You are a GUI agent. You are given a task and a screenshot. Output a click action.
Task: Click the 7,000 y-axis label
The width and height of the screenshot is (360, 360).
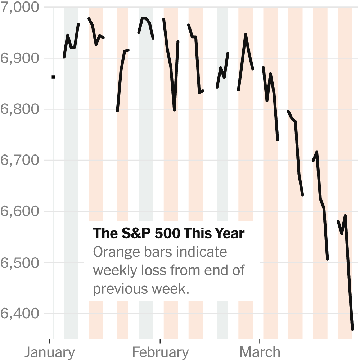[x=20, y=7]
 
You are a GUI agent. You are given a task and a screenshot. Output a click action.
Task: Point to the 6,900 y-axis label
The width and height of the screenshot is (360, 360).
[x=20, y=58]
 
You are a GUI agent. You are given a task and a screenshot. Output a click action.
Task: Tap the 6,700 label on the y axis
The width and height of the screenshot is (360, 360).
[x=20, y=160]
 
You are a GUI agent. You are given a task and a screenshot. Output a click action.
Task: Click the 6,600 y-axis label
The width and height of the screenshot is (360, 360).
[x=20, y=211]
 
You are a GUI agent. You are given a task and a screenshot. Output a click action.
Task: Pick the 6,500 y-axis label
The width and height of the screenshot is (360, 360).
[x=20, y=262]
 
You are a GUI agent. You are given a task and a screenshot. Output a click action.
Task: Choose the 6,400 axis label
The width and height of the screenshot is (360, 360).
[x=20, y=313]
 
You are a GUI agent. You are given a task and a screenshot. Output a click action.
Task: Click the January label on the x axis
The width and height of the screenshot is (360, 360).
[x=50, y=352]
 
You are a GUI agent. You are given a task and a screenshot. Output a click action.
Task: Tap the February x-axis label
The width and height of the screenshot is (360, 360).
[x=161, y=352]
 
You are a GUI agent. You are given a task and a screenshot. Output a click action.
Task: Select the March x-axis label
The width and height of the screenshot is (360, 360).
[x=260, y=352]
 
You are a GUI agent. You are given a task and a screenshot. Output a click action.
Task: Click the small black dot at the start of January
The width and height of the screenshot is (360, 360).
[x=53, y=77]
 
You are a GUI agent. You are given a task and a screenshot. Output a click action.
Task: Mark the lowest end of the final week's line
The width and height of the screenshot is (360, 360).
[x=352, y=329]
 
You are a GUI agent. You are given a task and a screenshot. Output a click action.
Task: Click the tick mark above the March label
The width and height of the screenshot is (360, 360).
[x=260, y=341]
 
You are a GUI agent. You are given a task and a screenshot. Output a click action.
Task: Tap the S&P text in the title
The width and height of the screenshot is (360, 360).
[x=136, y=233]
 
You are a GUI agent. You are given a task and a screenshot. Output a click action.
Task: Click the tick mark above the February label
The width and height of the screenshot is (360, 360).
[x=160, y=341]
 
